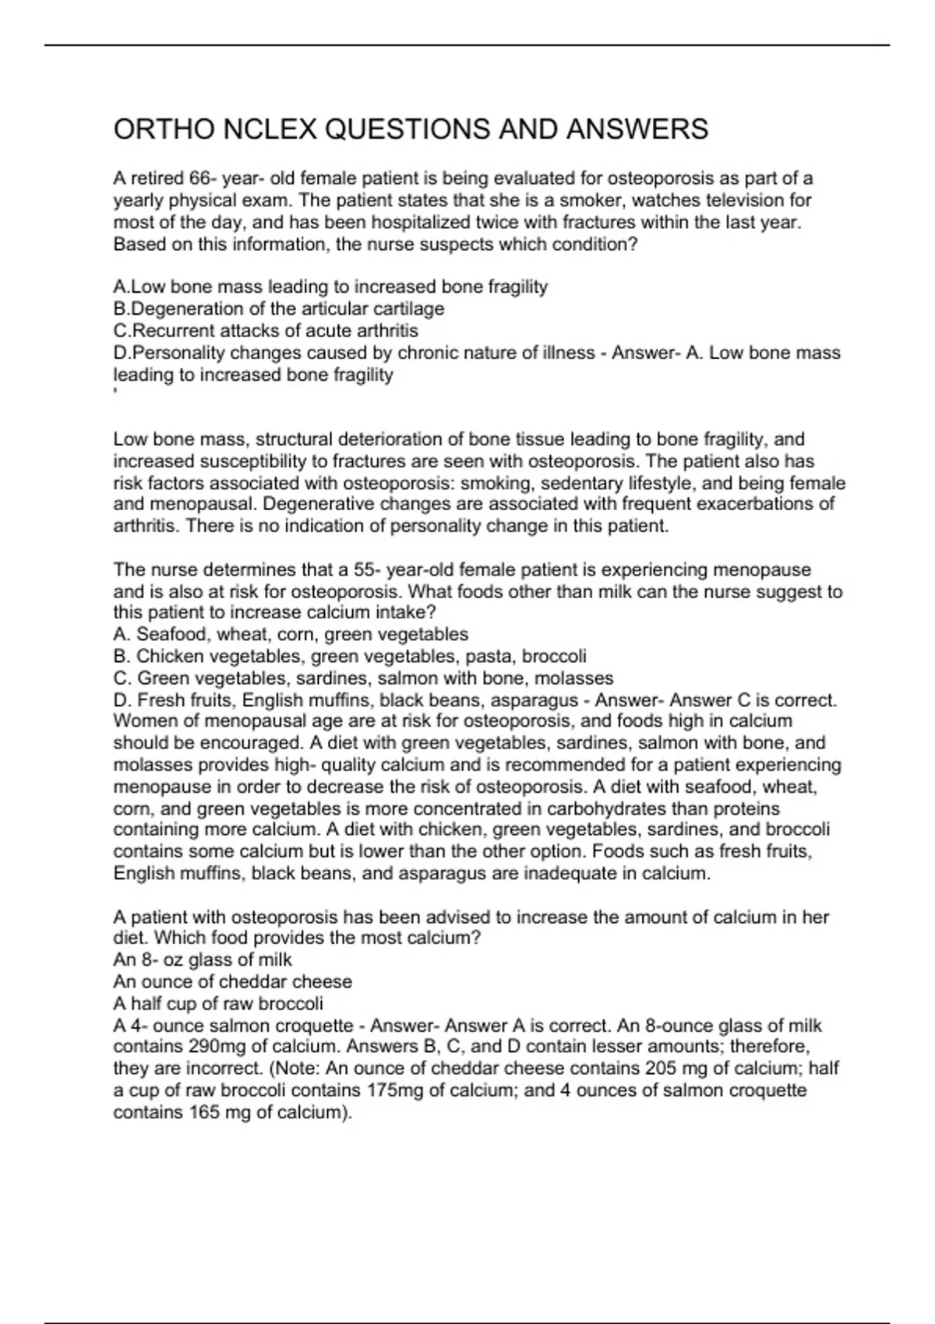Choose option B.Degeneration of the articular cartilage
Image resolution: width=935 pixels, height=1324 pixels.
279,308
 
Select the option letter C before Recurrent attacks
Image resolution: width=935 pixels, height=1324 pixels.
120,330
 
